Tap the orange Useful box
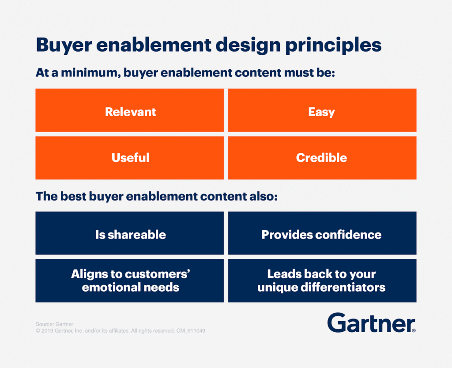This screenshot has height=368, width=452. pos(129,158)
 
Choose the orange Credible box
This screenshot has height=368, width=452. pos(322,158)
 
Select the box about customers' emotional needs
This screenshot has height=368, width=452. pos(129,281)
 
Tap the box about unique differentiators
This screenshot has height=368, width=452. pos(322,281)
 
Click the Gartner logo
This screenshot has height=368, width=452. pos(371,323)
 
